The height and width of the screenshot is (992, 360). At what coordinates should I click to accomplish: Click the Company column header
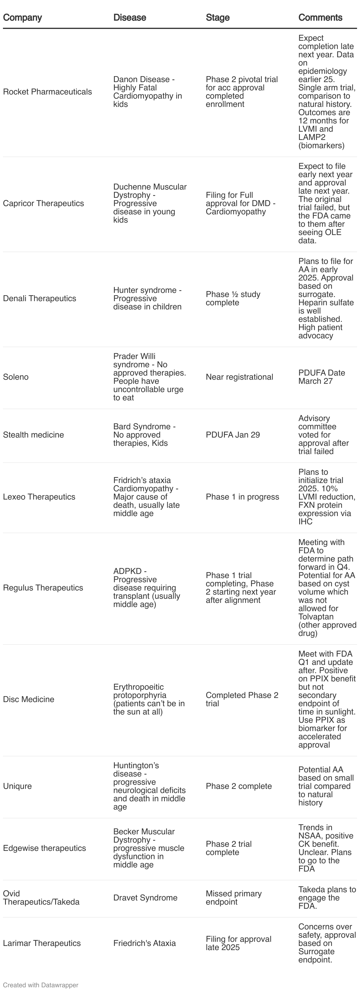click(x=22, y=18)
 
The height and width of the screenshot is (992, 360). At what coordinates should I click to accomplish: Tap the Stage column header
click(x=217, y=18)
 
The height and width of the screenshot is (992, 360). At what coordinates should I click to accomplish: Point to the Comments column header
click(x=320, y=18)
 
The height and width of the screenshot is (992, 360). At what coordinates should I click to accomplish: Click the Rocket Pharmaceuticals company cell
click(x=47, y=92)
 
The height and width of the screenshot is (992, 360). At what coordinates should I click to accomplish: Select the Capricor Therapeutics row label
click(x=43, y=203)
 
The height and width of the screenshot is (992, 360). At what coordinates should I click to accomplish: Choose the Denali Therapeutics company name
click(x=39, y=298)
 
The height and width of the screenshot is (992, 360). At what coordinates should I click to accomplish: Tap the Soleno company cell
click(x=16, y=377)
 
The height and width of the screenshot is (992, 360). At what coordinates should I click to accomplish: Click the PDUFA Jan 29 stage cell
click(x=233, y=435)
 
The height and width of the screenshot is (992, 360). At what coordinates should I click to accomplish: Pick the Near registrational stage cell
click(x=239, y=377)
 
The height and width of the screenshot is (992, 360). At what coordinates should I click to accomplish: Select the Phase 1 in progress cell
click(x=242, y=497)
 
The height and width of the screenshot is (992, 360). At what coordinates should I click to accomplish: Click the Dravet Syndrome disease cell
click(x=145, y=898)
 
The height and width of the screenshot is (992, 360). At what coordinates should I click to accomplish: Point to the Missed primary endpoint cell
click(x=233, y=898)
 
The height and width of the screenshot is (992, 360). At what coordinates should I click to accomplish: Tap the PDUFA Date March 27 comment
click(x=322, y=377)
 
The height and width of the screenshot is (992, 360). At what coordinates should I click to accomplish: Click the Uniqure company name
click(x=17, y=786)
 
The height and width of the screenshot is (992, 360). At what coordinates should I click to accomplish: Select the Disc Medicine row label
click(x=29, y=699)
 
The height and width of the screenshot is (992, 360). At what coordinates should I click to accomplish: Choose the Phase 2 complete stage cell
click(x=238, y=786)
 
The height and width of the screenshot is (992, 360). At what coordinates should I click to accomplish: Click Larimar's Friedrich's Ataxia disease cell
click(x=144, y=943)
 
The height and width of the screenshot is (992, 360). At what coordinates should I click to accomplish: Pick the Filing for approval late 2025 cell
click(x=238, y=943)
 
